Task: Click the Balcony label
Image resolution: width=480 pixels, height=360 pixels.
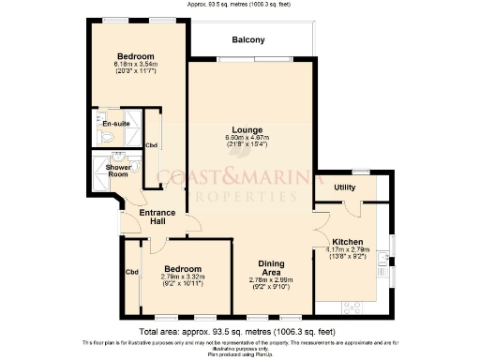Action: (x=248, y=39)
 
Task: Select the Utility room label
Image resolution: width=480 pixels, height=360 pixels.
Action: (x=345, y=187)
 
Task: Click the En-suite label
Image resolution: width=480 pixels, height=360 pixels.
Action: (x=114, y=123)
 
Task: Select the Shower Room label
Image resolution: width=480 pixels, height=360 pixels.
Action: (x=116, y=170)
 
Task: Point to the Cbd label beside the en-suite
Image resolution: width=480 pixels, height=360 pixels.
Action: (x=152, y=145)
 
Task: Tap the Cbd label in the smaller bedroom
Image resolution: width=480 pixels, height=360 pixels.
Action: (x=131, y=273)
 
